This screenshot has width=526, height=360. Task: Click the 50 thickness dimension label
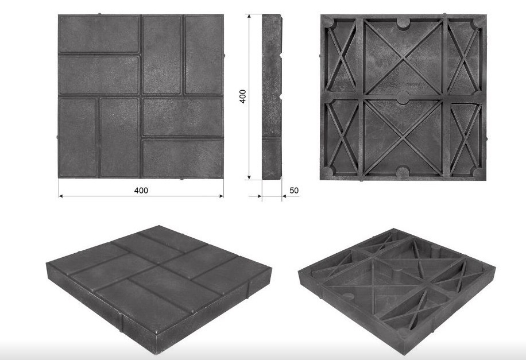pyautogui.click(x=294, y=190)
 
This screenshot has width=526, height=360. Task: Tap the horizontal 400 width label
pyautogui.click(x=141, y=190)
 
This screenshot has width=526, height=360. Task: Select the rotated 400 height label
pyautogui.click(x=243, y=96)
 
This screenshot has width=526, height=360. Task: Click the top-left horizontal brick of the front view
pyautogui.click(x=99, y=34)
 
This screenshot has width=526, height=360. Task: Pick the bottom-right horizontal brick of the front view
pyautogui.click(x=183, y=158)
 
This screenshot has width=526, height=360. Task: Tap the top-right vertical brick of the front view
pyautogui.click(x=204, y=55)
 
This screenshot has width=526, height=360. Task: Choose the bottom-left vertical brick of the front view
pyautogui.click(x=79, y=138)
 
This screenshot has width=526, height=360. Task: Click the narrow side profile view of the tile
pyautogui.click(x=272, y=96)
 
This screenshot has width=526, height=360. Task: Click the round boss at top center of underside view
pyautogui.click(x=403, y=23)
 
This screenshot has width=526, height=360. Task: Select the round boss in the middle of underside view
pyautogui.click(x=403, y=98)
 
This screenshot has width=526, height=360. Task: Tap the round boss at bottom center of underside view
pyautogui.click(x=403, y=172)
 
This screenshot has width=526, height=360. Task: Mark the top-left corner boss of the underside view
pyautogui.click(x=328, y=22)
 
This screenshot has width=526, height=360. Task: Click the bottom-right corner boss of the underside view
pyautogui.click(x=478, y=172)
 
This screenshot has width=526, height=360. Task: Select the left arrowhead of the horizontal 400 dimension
pyautogui.click(x=61, y=196)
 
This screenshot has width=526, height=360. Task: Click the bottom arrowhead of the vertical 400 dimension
pyautogui.click(x=249, y=177)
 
